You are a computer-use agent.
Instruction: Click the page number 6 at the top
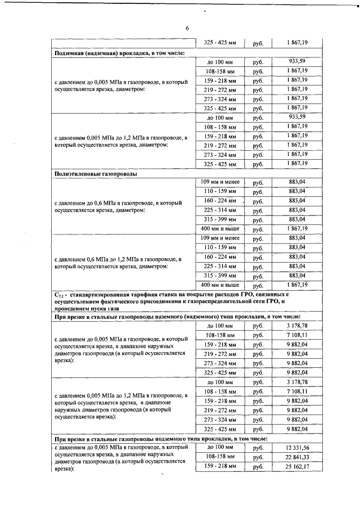[187, 29]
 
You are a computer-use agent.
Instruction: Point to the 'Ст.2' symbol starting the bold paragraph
[59, 294]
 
